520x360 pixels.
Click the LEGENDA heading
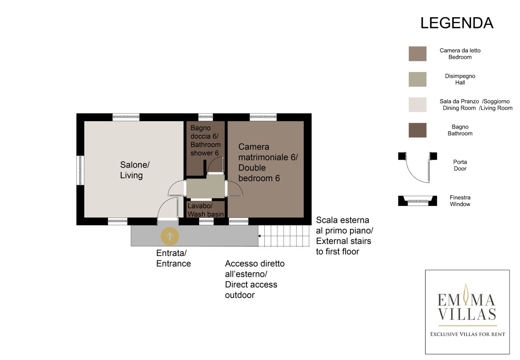[457, 23]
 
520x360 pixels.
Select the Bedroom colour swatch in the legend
[417, 54]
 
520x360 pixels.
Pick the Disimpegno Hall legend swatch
[417, 79]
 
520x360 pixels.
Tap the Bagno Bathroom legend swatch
[417, 130]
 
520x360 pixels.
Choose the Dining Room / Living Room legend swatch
[417, 105]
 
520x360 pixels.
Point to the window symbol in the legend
[417, 200]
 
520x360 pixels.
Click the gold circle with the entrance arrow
[170, 236]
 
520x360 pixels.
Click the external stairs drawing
[284, 236]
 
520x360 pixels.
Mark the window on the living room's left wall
[80, 170]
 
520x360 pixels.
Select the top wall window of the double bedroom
[263, 117]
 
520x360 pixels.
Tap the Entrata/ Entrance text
[173, 258]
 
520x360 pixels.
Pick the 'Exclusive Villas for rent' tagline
[467, 334]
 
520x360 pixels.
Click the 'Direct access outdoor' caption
[254, 279]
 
